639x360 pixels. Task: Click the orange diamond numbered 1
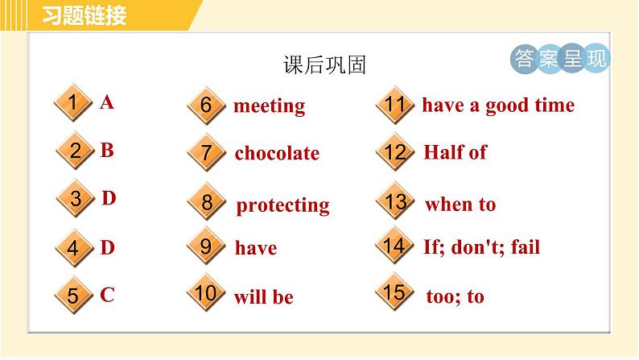(x=73, y=102)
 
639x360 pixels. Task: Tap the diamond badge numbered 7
(x=207, y=152)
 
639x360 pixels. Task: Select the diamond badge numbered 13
(x=395, y=201)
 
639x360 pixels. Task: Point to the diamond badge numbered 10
(x=206, y=292)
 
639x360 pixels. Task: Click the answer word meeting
(x=269, y=106)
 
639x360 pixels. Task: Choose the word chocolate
(x=277, y=153)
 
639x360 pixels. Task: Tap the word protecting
(x=282, y=205)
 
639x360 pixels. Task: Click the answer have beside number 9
(x=256, y=248)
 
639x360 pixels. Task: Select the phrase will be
(x=264, y=297)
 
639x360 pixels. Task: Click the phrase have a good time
(x=498, y=106)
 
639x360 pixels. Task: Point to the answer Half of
(x=456, y=152)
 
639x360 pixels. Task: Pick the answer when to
(x=460, y=205)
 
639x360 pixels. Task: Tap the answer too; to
(x=456, y=296)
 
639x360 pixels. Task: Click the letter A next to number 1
(x=107, y=102)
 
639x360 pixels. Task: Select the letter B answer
(x=107, y=150)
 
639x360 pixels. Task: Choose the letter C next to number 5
(x=107, y=295)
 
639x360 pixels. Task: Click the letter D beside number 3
(x=109, y=198)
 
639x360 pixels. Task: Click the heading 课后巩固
(x=325, y=65)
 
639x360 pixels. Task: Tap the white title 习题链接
(x=85, y=16)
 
